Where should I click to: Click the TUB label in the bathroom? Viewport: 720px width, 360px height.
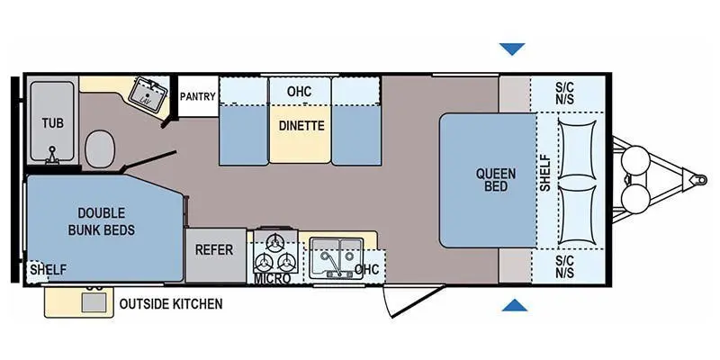[50, 121]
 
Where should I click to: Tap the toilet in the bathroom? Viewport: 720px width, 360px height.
[100, 148]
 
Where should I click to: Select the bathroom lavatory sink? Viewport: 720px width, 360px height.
[145, 91]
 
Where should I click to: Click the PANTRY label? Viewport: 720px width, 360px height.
[196, 96]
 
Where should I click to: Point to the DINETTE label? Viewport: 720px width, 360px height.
[301, 126]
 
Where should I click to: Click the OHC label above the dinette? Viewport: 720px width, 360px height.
[299, 92]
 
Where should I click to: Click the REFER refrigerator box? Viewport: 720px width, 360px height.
[214, 250]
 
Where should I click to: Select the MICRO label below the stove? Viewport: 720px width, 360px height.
[271, 279]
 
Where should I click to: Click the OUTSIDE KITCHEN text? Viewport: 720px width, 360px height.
[171, 304]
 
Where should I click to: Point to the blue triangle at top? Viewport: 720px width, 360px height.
[514, 49]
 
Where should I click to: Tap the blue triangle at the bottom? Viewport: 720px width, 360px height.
[514, 307]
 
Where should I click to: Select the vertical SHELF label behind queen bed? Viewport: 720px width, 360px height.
[545, 175]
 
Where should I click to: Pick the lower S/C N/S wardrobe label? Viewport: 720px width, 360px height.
[565, 265]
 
